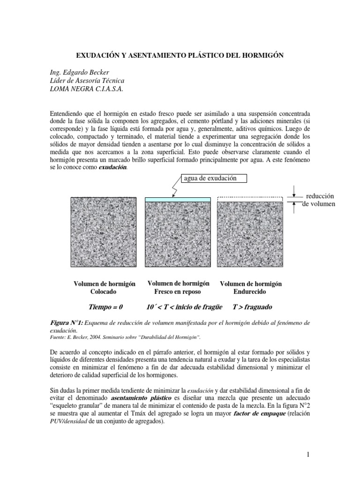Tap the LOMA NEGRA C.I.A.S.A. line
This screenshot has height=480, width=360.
tap(86, 89)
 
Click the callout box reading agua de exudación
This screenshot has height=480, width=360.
tap(210, 178)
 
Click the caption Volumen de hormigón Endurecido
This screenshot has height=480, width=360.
tap(250, 287)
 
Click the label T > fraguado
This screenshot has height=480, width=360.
tap(252, 307)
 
